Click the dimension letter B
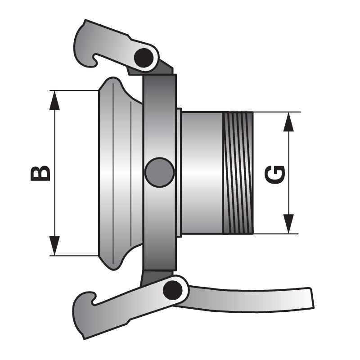pos(40,173)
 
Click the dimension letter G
pos(275,174)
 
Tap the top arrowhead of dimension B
pos(54,99)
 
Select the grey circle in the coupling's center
pos(159,172)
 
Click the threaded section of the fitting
pos(238,173)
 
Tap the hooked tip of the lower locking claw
pos(92,297)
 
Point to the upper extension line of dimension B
pos(72,90)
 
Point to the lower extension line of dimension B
pos(72,256)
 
